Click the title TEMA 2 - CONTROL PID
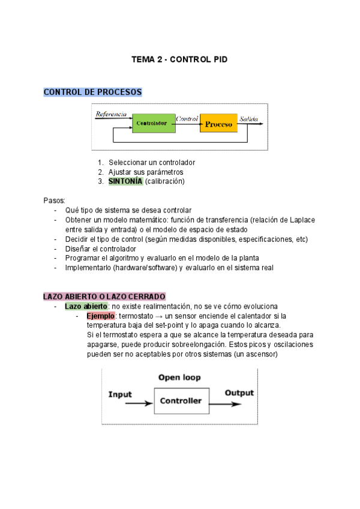180,60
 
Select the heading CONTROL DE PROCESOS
93,92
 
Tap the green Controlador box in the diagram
151,124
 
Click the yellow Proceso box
218,124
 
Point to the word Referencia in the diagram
111,114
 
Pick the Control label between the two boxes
187,118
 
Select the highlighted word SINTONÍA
125,181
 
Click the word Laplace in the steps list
302,220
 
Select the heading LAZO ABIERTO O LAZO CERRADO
104,297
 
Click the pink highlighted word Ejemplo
100,316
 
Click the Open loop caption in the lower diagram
179,378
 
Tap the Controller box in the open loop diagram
181,401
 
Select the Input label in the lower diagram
120,394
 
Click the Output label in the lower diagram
239,393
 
